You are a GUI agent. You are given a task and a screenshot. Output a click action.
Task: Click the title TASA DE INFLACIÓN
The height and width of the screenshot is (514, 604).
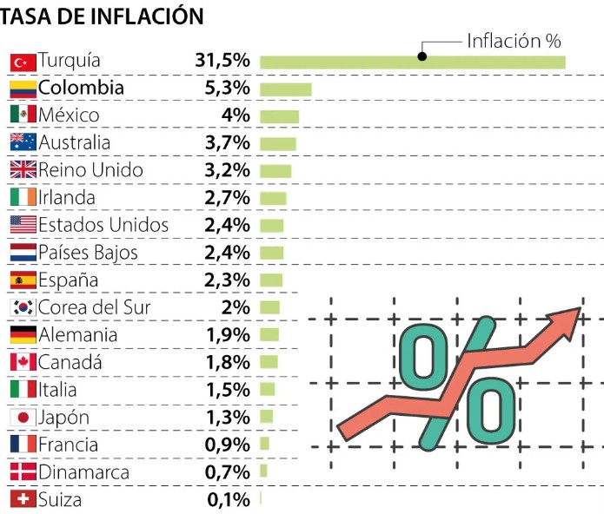[x=103, y=16]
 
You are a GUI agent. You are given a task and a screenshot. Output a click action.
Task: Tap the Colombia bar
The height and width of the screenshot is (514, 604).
[x=285, y=89]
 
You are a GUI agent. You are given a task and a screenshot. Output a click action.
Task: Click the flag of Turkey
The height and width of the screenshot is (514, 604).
[x=23, y=62]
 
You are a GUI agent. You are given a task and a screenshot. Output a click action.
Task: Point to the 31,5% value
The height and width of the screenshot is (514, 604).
[x=222, y=61]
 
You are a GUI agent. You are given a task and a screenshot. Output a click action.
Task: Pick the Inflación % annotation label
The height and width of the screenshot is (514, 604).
[x=514, y=40]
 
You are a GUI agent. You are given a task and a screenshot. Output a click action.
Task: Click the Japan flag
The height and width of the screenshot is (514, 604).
[x=23, y=418]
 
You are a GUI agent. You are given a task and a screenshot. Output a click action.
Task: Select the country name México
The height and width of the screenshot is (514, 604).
[x=69, y=115]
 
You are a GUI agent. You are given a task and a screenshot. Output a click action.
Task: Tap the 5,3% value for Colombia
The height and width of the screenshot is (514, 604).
[x=228, y=89]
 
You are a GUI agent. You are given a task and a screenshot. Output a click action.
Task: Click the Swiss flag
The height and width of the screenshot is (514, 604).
[x=23, y=500]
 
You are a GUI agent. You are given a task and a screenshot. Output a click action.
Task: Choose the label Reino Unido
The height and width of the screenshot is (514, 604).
[x=90, y=170]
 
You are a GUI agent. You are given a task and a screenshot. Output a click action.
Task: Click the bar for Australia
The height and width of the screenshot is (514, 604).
[x=277, y=144]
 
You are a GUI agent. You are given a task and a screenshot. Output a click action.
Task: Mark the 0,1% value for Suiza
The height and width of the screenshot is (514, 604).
[x=228, y=500]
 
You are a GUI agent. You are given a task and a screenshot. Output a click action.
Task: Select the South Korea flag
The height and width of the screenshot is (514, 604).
[x=23, y=307]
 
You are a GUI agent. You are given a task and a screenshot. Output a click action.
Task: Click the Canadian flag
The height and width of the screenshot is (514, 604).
[x=23, y=363]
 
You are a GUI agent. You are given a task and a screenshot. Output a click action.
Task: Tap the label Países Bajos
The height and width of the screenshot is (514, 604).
[x=88, y=253]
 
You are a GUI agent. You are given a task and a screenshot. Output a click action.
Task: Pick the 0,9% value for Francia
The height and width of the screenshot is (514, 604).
[x=228, y=445]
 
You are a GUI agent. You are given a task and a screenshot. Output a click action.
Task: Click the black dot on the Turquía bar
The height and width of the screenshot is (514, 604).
[x=421, y=56]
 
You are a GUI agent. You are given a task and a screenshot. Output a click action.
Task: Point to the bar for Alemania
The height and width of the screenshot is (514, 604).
[x=269, y=335]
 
